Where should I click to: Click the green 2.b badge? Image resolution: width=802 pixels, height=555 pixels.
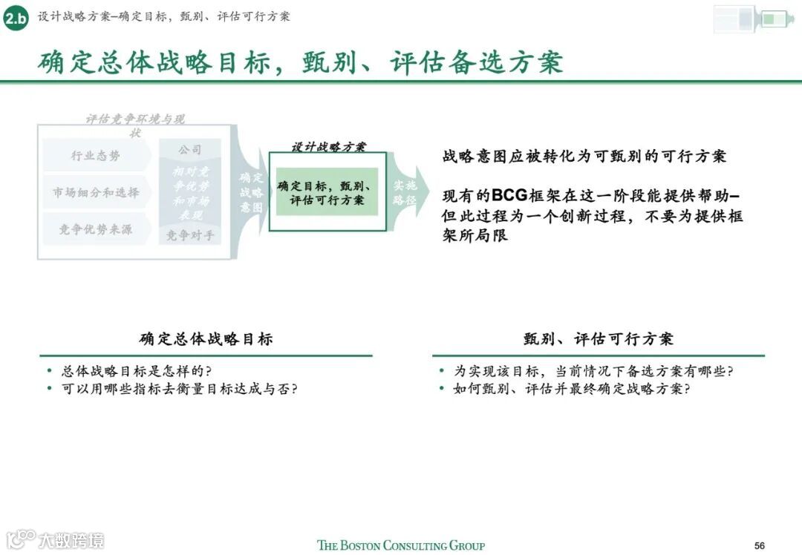[x=16, y=18]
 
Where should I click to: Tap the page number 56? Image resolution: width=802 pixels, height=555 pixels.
[x=759, y=545]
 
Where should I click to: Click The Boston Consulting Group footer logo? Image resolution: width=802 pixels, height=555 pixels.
[x=401, y=545]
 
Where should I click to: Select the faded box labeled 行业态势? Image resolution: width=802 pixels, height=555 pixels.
[x=95, y=156]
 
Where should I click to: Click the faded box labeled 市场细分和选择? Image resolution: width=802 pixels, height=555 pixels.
[x=95, y=193]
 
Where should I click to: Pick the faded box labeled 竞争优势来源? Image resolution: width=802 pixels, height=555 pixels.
[x=95, y=230]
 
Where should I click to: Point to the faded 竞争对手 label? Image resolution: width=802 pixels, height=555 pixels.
[x=189, y=236]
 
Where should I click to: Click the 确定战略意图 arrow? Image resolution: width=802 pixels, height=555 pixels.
[x=250, y=193]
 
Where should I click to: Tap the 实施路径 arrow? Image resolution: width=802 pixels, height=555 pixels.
[x=405, y=193]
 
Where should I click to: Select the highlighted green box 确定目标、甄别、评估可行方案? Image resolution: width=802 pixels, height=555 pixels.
[x=327, y=193]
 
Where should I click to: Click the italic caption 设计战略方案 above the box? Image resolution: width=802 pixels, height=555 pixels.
[x=327, y=146]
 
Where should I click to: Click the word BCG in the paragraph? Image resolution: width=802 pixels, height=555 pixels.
[x=509, y=195]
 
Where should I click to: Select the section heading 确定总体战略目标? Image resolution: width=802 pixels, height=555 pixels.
[x=206, y=339]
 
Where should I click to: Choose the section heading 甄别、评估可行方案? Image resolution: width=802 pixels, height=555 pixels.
[x=598, y=339]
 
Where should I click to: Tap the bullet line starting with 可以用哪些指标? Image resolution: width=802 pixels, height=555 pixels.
[x=179, y=389]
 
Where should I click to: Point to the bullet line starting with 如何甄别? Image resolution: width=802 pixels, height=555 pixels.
[x=571, y=389]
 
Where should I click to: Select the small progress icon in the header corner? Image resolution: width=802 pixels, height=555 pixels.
[x=754, y=19]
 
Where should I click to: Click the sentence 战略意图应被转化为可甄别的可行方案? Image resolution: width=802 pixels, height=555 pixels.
[x=584, y=157]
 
